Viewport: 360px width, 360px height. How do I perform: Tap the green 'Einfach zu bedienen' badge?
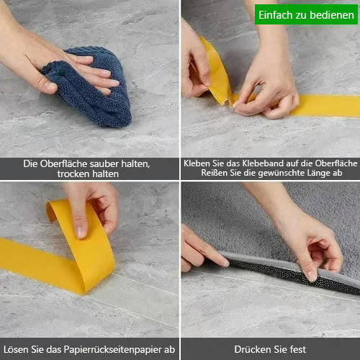306,14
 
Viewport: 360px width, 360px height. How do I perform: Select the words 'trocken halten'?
90,174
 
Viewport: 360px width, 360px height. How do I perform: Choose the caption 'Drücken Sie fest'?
270,349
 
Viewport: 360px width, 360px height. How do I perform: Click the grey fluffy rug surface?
238,223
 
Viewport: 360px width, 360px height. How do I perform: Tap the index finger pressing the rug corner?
209,254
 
